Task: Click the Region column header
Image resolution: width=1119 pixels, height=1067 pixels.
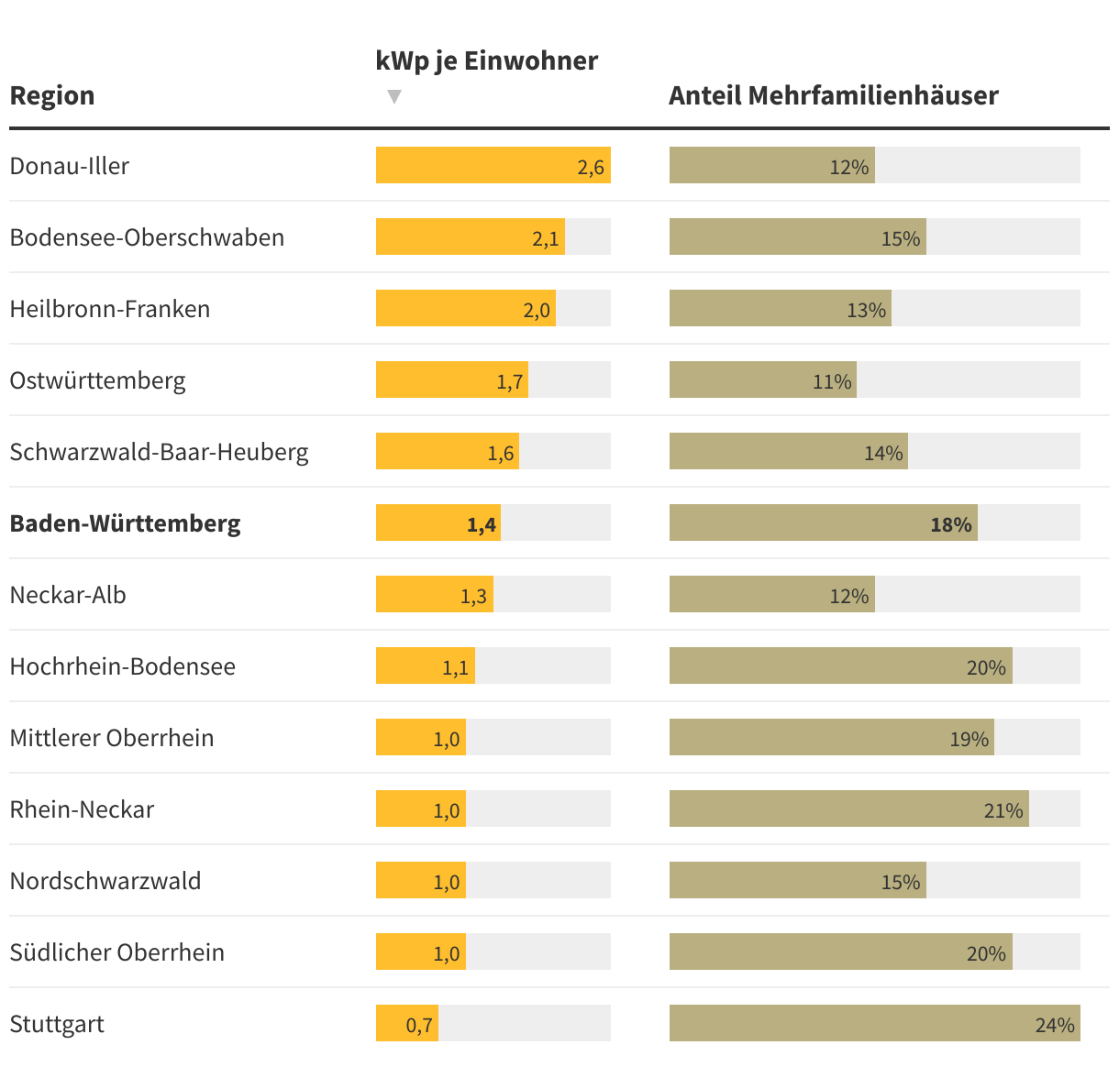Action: pyautogui.click(x=52, y=95)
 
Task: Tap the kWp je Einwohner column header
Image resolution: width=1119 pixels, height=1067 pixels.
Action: pyautogui.click(x=486, y=60)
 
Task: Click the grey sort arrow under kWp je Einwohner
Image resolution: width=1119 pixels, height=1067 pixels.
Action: pyautogui.click(x=394, y=96)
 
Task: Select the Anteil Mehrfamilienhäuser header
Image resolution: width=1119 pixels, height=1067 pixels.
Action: pyautogui.click(x=833, y=95)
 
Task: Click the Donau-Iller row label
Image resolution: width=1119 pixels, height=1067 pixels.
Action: pyautogui.click(x=70, y=166)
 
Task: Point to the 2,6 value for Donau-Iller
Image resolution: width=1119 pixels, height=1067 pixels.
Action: pyautogui.click(x=591, y=167)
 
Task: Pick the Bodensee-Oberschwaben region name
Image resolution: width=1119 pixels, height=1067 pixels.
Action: pyautogui.click(x=147, y=237)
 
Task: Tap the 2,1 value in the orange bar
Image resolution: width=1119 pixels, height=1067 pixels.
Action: pyautogui.click(x=545, y=238)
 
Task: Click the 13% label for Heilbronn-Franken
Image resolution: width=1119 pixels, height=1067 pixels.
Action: pyautogui.click(x=866, y=310)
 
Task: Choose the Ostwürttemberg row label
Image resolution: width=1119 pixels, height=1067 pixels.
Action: pyautogui.click(x=97, y=380)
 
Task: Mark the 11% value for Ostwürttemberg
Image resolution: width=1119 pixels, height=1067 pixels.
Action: pyautogui.click(x=832, y=381)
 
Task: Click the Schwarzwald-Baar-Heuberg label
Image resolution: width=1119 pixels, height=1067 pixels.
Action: pyautogui.click(x=159, y=452)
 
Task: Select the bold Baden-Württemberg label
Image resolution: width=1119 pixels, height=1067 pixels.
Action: pyautogui.click(x=125, y=523)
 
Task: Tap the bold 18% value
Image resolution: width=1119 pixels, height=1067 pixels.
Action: pyautogui.click(x=950, y=524)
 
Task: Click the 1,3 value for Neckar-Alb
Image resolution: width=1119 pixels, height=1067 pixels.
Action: pyautogui.click(x=473, y=596)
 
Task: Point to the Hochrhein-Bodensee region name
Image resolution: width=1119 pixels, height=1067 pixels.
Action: pyautogui.click(x=122, y=666)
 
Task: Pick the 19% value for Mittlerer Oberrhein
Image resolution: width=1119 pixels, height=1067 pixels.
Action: pyautogui.click(x=969, y=739)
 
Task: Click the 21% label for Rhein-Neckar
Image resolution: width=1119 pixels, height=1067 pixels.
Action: pyautogui.click(x=1003, y=810)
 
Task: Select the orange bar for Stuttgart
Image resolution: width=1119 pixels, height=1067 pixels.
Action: pyautogui.click(x=406, y=1023)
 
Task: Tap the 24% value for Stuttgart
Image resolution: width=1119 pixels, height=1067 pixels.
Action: pyautogui.click(x=1055, y=1025)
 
